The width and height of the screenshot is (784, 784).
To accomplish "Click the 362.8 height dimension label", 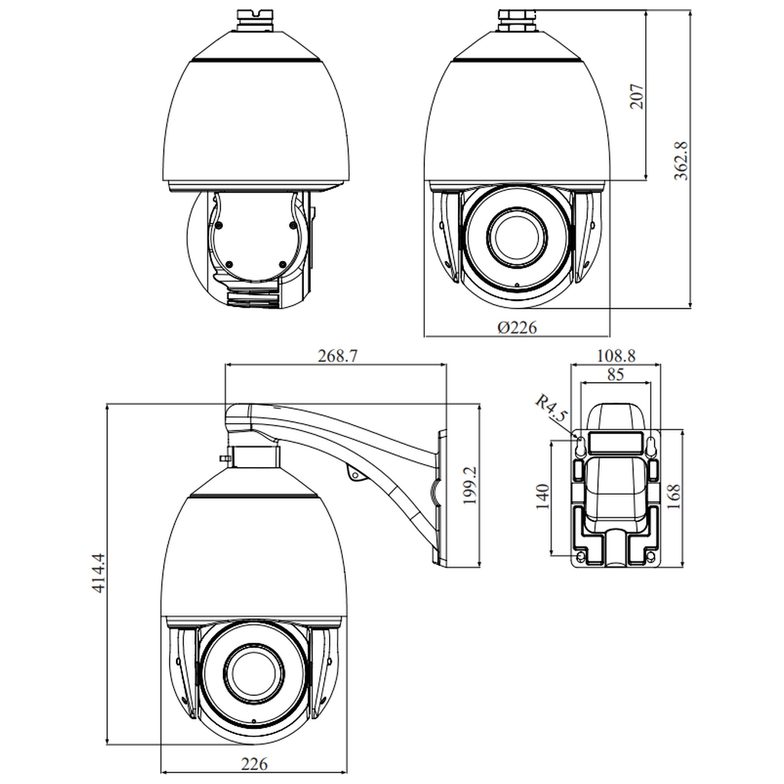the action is tap(681, 161).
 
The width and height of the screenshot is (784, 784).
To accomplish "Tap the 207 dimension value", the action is tap(636, 96).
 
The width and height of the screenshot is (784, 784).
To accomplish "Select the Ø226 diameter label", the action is tap(517, 328).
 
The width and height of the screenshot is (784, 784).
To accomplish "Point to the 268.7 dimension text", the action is tap(338, 355).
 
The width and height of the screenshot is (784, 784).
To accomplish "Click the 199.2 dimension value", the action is tap(469, 485).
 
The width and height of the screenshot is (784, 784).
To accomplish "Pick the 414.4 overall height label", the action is tap(98, 573).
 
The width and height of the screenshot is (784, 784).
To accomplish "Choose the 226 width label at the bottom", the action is tap(254, 764).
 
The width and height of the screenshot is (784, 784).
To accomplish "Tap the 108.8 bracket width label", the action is tap(616, 355).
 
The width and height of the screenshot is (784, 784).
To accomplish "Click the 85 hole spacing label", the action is tap(616, 374).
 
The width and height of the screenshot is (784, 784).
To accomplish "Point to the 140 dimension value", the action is tap(543, 496).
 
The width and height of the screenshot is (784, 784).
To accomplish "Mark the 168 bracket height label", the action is tap(674, 496).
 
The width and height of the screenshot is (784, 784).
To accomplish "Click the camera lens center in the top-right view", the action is tap(517, 237).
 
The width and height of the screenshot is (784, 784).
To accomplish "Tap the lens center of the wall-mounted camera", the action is tap(254, 672).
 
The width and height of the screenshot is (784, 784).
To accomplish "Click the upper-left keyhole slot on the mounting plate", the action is tap(581, 445).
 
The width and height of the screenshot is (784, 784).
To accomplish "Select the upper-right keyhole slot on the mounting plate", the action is tap(651, 445).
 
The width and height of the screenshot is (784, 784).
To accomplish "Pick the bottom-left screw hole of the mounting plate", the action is tap(581, 557).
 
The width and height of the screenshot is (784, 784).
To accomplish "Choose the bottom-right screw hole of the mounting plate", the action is tap(651, 557).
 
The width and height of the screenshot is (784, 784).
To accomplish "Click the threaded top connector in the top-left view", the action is tap(254, 19).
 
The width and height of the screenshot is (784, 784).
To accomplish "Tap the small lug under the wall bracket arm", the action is tap(356, 474).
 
